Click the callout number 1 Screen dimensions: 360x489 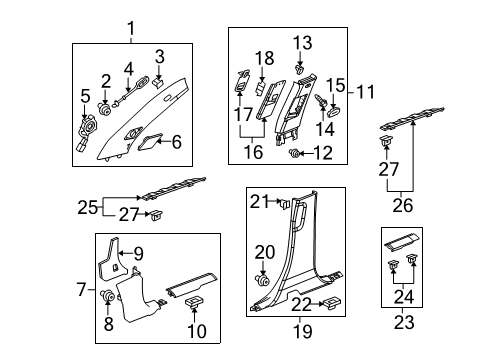(128, 29)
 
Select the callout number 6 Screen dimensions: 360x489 (176, 143)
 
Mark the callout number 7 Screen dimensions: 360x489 (82, 289)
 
